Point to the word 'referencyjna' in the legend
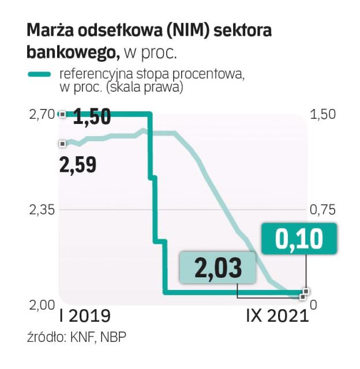coord(89,74)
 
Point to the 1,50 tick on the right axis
coord(322,114)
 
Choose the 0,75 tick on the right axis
coord(322,209)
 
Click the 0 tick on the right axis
coord(314,304)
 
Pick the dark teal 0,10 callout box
coord(298,239)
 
